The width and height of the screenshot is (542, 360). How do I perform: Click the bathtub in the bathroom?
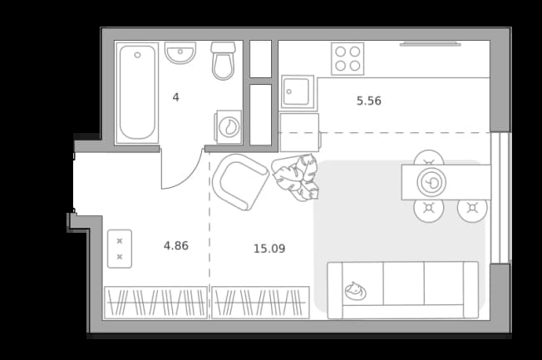click(x=137, y=92)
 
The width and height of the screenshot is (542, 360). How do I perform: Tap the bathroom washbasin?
click(x=180, y=52)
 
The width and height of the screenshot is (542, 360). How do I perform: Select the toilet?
click(x=223, y=61)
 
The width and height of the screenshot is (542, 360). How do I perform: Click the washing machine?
click(x=229, y=127)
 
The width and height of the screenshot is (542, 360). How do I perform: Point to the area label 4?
click(x=176, y=97)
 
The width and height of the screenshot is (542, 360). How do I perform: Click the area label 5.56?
click(x=369, y=101)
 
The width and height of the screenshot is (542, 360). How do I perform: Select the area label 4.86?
click(x=176, y=246)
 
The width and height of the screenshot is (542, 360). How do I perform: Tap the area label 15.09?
click(x=269, y=249)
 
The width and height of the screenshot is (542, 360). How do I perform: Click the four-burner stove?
click(x=347, y=58)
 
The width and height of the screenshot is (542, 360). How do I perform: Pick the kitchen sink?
click(x=298, y=92)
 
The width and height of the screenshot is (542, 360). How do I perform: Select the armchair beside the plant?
click(x=240, y=182)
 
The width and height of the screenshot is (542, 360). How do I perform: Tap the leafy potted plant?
click(x=296, y=177)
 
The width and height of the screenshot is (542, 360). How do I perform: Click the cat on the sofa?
click(x=355, y=291)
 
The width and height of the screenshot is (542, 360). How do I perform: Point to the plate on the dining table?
click(x=431, y=182)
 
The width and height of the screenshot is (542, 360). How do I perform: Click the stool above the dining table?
click(x=429, y=158)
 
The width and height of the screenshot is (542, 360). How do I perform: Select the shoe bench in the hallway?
click(x=120, y=249)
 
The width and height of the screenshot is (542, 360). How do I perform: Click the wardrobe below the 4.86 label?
click(x=156, y=303)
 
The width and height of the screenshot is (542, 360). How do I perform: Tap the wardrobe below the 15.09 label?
click(x=260, y=303)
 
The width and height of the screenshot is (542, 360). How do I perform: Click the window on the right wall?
click(x=500, y=198)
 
